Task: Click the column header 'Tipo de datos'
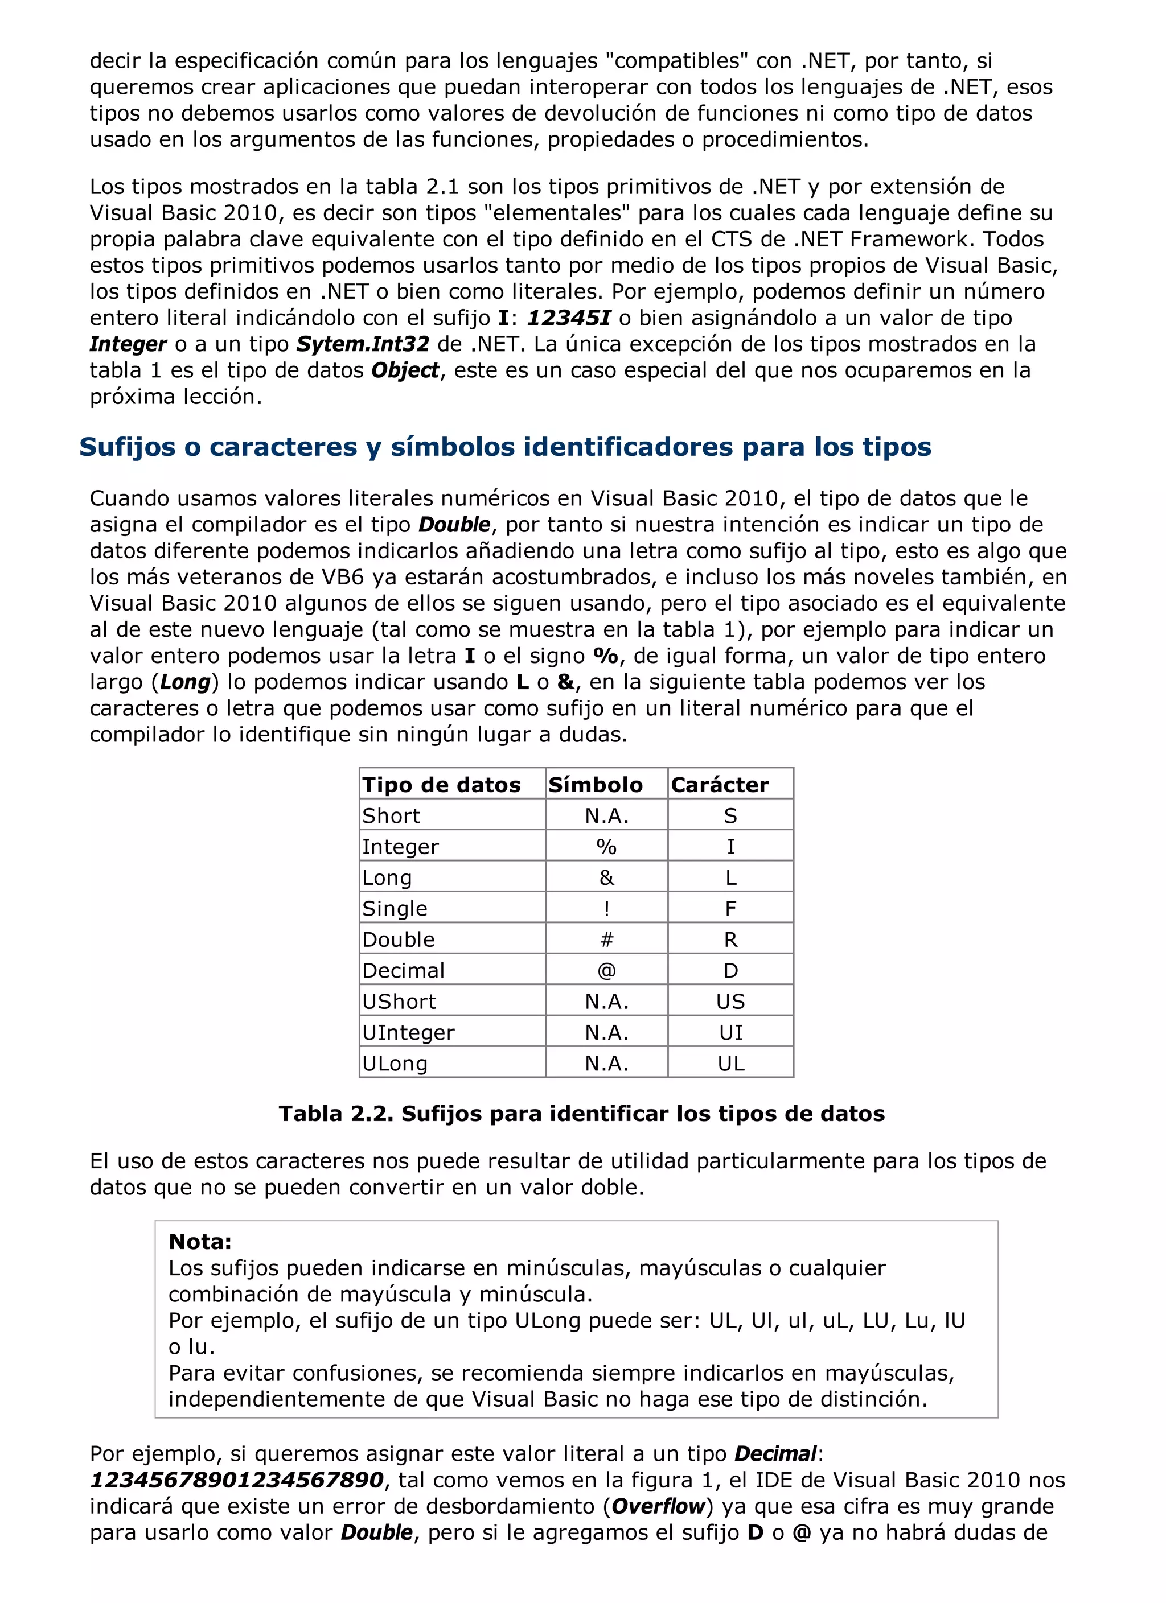[x=441, y=785]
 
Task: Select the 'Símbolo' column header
[x=596, y=785]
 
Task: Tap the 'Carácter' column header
[x=719, y=785]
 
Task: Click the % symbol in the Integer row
[x=606, y=847]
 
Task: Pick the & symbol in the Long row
[x=606, y=878]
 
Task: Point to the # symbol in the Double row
[x=606, y=939]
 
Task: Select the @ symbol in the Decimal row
[x=606, y=970]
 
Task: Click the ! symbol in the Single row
[x=606, y=908]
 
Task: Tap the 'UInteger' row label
[x=408, y=1033]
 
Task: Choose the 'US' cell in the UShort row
[x=730, y=1002]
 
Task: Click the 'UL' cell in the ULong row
[x=730, y=1063]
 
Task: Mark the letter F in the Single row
[x=730, y=908]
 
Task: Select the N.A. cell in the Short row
[x=606, y=815]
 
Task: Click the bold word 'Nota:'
[x=200, y=1241]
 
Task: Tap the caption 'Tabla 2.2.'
[x=336, y=1114]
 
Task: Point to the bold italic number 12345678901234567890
[x=236, y=1480]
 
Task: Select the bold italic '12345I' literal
[x=569, y=318]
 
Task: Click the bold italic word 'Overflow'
[x=658, y=1506]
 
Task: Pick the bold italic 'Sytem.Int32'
[x=363, y=344]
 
